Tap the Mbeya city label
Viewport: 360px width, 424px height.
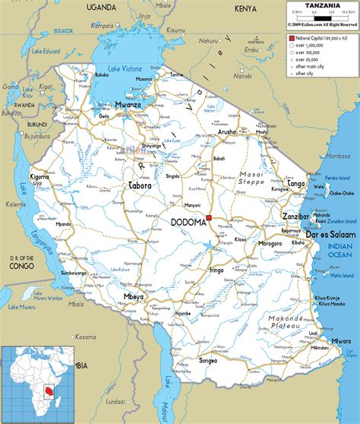pyautogui.click(x=133, y=296)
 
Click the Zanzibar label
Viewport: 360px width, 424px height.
pyautogui.click(x=296, y=217)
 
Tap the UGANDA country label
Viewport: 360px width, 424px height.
pyautogui.click(x=100, y=7)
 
